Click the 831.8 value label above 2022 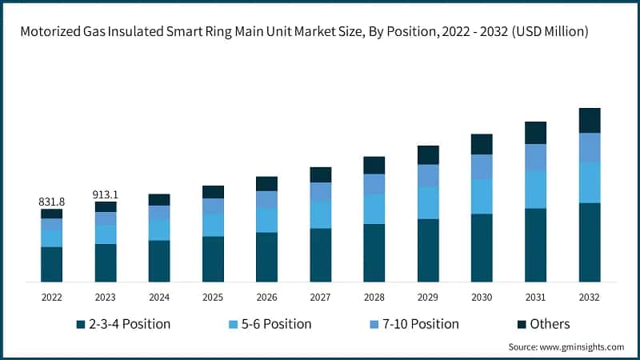pyautogui.click(x=52, y=202)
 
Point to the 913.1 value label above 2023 pyautogui.click(x=106, y=194)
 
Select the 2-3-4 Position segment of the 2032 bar pyautogui.click(x=590, y=242)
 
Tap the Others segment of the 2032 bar pyautogui.click(x=590, y=120)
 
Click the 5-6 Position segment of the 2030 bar pyautogui.click(x=482, y=196)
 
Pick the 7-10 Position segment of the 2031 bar pyautogui.click(x=535, y=157)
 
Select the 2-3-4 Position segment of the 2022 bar pyautogui.click(x=52, y=264)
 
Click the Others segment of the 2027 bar pyautogui.click(x=321, y=174)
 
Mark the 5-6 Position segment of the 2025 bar pyautogui.click(x=213, y=225)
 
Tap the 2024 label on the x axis pyautogui.click(x=159, y=297)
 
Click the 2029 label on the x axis pyautogui.click(x=428, y=297)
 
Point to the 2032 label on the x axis pyautogui.click(x=590, y=297)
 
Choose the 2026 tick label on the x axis pyautogui.click(x=266, y=297)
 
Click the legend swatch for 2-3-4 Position pyautogui.click(x=80, y=325)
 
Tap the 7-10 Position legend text pyautogui.click(x=422, y=324)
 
